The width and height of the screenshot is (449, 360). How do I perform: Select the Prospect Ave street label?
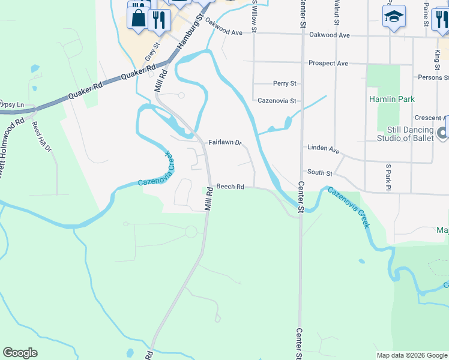328,63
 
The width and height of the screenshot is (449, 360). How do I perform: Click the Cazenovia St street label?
277,101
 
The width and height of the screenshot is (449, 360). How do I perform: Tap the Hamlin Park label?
392,99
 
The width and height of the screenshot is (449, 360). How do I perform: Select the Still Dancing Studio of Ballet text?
411,134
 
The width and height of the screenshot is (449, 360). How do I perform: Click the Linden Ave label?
324,148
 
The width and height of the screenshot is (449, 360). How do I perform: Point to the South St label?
320,173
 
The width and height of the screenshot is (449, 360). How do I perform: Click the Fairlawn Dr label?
224,143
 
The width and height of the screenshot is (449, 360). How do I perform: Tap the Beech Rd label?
230,187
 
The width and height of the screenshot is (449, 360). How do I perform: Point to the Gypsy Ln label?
11,104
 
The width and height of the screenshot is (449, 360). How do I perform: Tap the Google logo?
20,353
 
